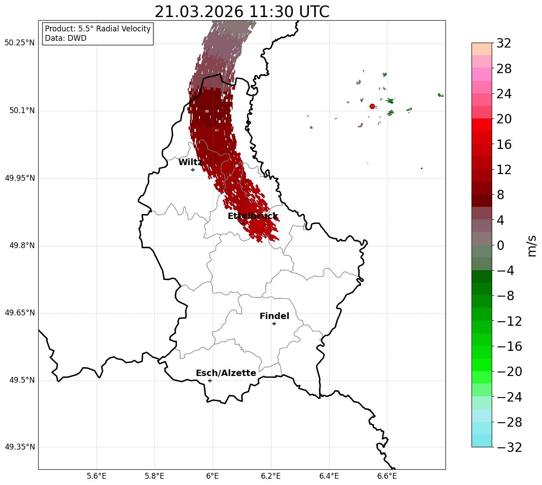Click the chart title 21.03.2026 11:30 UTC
pyautogui.click(x=242, y=12)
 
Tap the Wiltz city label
pyautogui.click(x=190, y=162)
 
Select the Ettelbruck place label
pyautogui.click(x=252, y=216)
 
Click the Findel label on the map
pyautogui.click(x=274, y=316)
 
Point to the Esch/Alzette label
pyautogui.click(x=226, y=373)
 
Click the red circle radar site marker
pyautogui.click(x=372, y=106)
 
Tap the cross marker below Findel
pyautogui.click(x=274, y=323)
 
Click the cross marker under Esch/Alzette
pyautogui.click(x=210, y=380)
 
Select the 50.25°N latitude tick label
pyautogui.click(x=19, y=43)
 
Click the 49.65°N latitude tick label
pyautogui.click(x=19, y=313)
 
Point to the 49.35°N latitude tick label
pyautogui.click(x=19, y=447)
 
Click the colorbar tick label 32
pyautogui.click(x=504, y=44)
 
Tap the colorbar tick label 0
pyautogui.click(x=500, y=245)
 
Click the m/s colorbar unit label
pyautogui.click(x=532, y=245)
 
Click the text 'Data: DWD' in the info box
pyautogui.click(x=66, y=38)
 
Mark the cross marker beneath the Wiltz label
pyautogui.click(x=193, y=170)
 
